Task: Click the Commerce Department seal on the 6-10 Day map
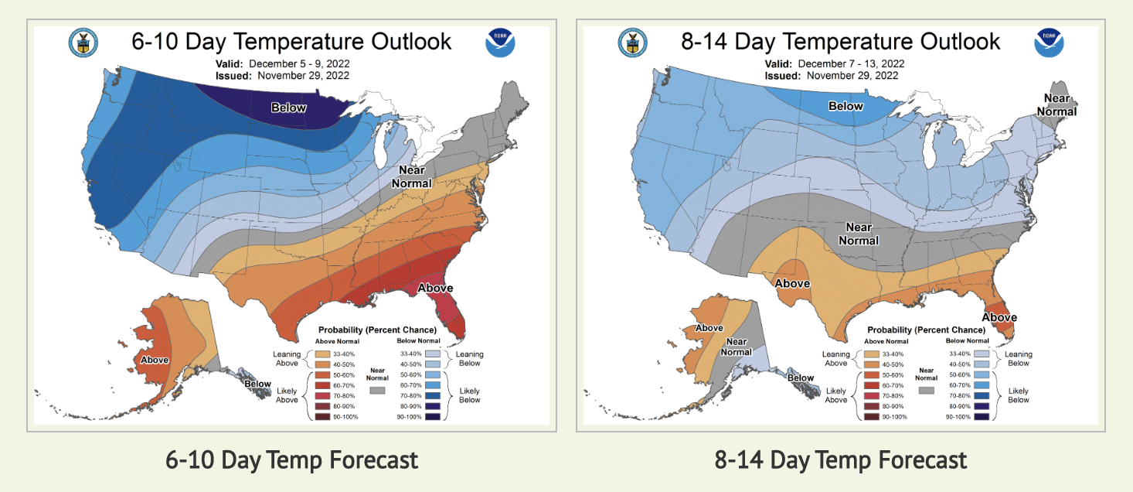tap(82, 43)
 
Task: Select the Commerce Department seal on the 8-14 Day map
tap(632, 43)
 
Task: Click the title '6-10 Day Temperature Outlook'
tap(291, 41)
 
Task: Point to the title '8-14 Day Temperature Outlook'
tap(841, 41)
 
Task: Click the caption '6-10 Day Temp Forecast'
tap(291, 460)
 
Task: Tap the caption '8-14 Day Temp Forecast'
tap(841, 460)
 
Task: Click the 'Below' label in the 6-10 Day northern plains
tap(288, 108)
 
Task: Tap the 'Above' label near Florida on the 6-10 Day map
tap(435, 289)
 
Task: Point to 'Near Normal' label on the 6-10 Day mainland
tap(411, 176)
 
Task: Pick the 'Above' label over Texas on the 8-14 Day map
tap(792, 283)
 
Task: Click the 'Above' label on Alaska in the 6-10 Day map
tap(154, 360)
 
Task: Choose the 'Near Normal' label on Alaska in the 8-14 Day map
tap(736, 347)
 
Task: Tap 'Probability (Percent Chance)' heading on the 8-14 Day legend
tap(927, 330)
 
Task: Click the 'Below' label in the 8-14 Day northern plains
tap(845, 106)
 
